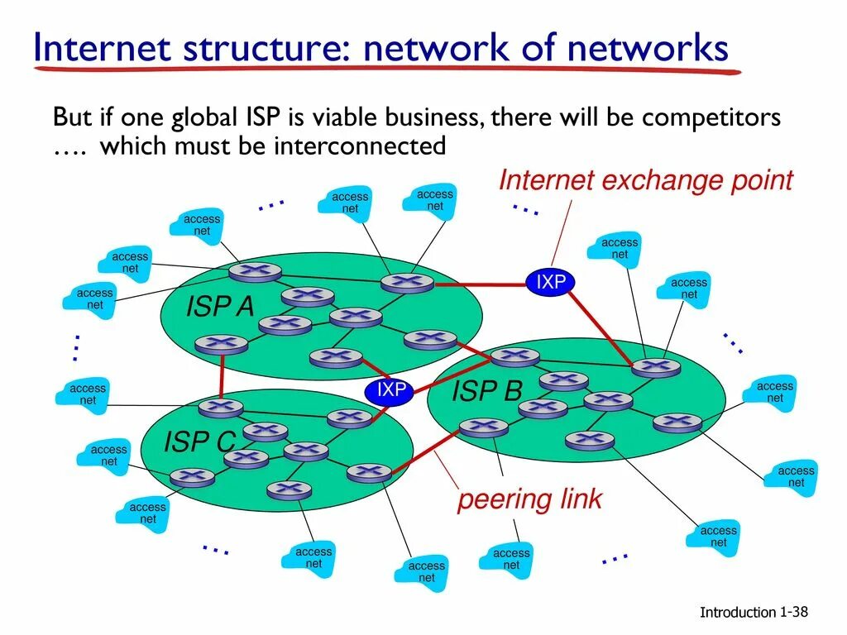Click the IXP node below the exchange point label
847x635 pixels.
(551, 283)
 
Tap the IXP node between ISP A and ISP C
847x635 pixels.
(391, 390)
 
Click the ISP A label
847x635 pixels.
(220, 307)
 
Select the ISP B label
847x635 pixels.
(486, 391)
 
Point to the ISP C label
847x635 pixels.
(199, 442)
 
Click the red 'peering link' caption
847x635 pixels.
(529, 499)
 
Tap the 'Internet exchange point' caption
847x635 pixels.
(646, 180)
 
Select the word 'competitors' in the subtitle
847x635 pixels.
(711, 117)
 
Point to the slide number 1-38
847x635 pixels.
(793, 612)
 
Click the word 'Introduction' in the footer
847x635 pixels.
(738, 613)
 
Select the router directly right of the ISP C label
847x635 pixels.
(265, 431)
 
